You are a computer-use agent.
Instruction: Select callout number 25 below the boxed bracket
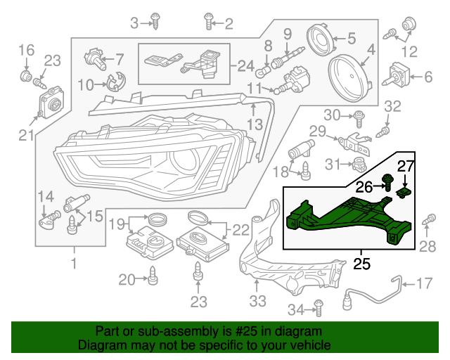click(361, 264)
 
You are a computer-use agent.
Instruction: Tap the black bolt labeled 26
click(387, 183)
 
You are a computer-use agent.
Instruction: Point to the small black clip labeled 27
click(405, 190)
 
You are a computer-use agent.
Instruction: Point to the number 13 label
click(254, 124)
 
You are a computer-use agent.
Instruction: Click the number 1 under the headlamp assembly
click(73, 264)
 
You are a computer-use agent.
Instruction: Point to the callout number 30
click(331, 115)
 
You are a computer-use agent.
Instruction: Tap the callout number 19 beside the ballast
click(117, 224)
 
